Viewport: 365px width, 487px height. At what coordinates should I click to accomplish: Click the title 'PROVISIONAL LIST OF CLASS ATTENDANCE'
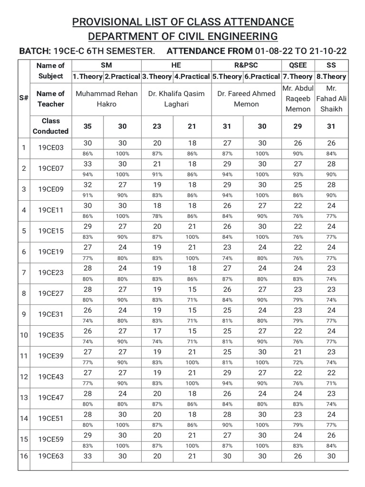[182, 21]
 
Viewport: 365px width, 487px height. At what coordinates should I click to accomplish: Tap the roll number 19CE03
[51, 148]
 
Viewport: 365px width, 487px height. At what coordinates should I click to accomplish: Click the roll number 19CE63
[51, 456]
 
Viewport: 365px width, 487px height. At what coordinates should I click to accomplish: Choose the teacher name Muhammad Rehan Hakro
[106, 98]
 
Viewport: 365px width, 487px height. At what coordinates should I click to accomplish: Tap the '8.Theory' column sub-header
[331, 76]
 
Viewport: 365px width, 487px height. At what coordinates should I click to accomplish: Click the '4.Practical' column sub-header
[192, 76]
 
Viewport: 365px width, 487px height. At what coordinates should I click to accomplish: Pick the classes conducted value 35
[88, 126]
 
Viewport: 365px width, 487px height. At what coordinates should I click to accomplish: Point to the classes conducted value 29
[298, 126]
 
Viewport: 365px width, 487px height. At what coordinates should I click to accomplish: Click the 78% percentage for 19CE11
[157, 216]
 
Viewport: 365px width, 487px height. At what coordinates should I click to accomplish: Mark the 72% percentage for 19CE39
[298, 362]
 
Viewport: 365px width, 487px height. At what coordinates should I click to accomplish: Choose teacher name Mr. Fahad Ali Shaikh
[331, 98]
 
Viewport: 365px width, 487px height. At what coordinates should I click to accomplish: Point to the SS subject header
[331, 65]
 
